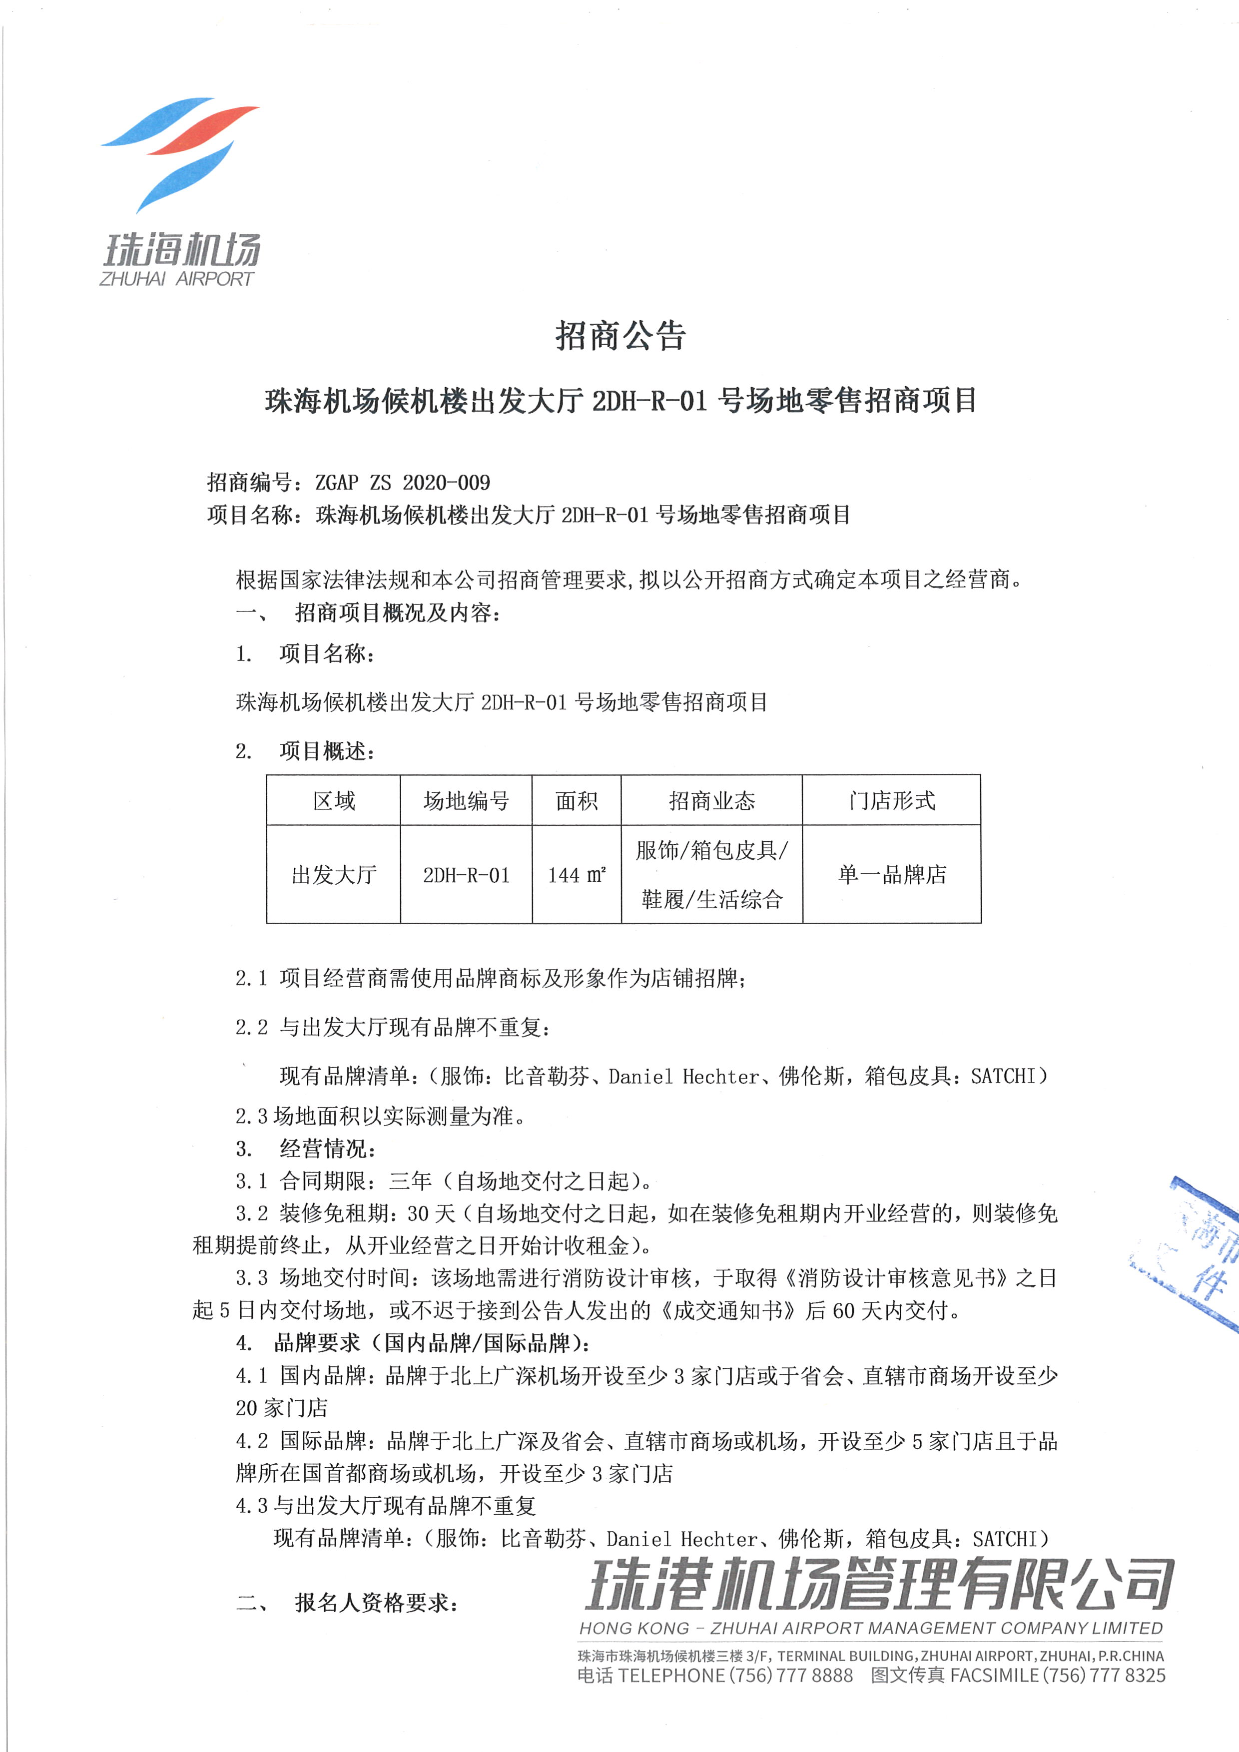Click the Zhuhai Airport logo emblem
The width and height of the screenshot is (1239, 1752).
[180, 152]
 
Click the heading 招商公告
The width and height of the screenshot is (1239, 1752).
[620, 336]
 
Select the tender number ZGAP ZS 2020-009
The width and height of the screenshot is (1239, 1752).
[402, 482]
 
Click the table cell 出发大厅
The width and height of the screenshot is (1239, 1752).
[334, 874]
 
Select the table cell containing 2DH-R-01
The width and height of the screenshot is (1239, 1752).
[466, 874]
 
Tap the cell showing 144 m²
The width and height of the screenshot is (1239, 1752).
[577, 874]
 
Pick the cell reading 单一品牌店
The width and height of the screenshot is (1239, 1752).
[892, 874]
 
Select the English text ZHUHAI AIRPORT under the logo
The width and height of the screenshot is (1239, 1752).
[176, 279]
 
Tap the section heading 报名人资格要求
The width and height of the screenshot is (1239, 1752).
[377, 1603]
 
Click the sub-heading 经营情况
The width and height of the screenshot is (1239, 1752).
[327, 1149]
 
